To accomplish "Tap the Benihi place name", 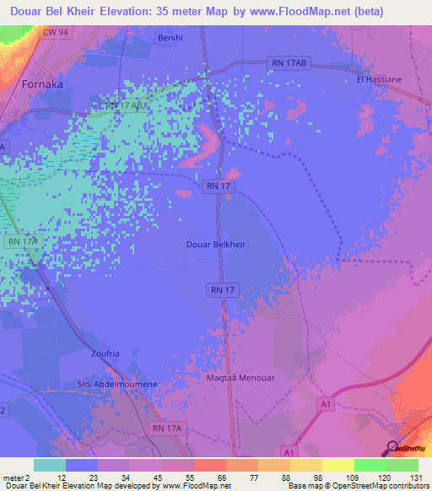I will [x=171, y=38].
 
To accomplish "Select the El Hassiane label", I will [x=377, y=79].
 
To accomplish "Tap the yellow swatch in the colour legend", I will [x=337, y=465].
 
